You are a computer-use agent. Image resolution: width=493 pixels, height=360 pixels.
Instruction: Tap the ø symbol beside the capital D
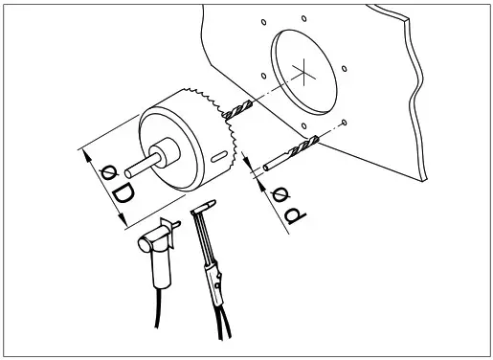click(x=108, y=172)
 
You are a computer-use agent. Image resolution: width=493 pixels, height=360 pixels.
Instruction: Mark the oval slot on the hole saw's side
click(x=219, y=156)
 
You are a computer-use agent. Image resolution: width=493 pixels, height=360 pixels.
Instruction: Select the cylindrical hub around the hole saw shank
click(x=167, y=151)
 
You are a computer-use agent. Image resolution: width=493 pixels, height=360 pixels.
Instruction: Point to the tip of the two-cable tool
click(x=209, y=206)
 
